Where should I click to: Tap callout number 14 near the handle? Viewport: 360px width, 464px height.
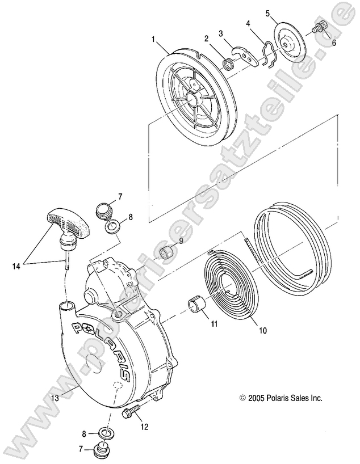16,264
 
